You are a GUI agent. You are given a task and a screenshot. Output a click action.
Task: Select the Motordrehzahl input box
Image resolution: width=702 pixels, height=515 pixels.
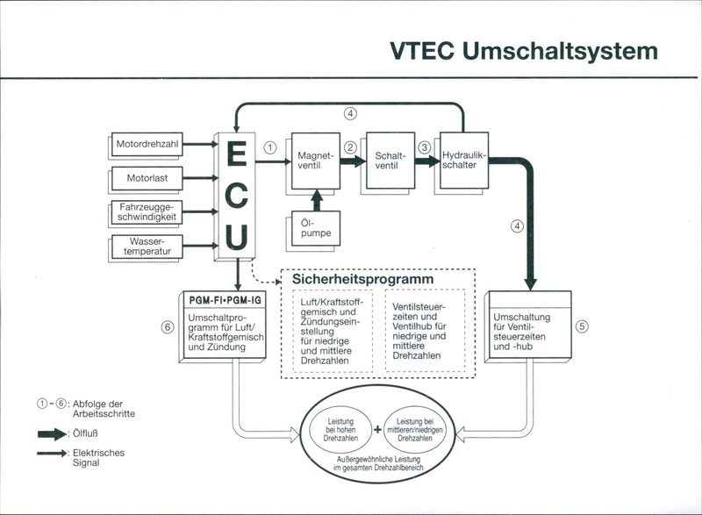(147, 142)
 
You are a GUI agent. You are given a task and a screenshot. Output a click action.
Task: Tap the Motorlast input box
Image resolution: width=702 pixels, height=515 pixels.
(147, 177)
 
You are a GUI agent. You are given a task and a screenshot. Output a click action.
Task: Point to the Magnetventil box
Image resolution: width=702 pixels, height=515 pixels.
(311, 161)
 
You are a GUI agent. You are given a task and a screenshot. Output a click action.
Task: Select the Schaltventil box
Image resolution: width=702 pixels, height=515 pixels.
(387, 161)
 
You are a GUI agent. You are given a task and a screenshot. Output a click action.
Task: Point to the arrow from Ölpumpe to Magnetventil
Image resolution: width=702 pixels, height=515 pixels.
(318, 198)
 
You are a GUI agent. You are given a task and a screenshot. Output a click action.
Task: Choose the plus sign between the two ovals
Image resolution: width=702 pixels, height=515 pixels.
(377, 429)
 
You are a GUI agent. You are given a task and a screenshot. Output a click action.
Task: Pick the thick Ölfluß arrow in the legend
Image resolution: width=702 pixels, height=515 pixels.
(54, 433)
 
